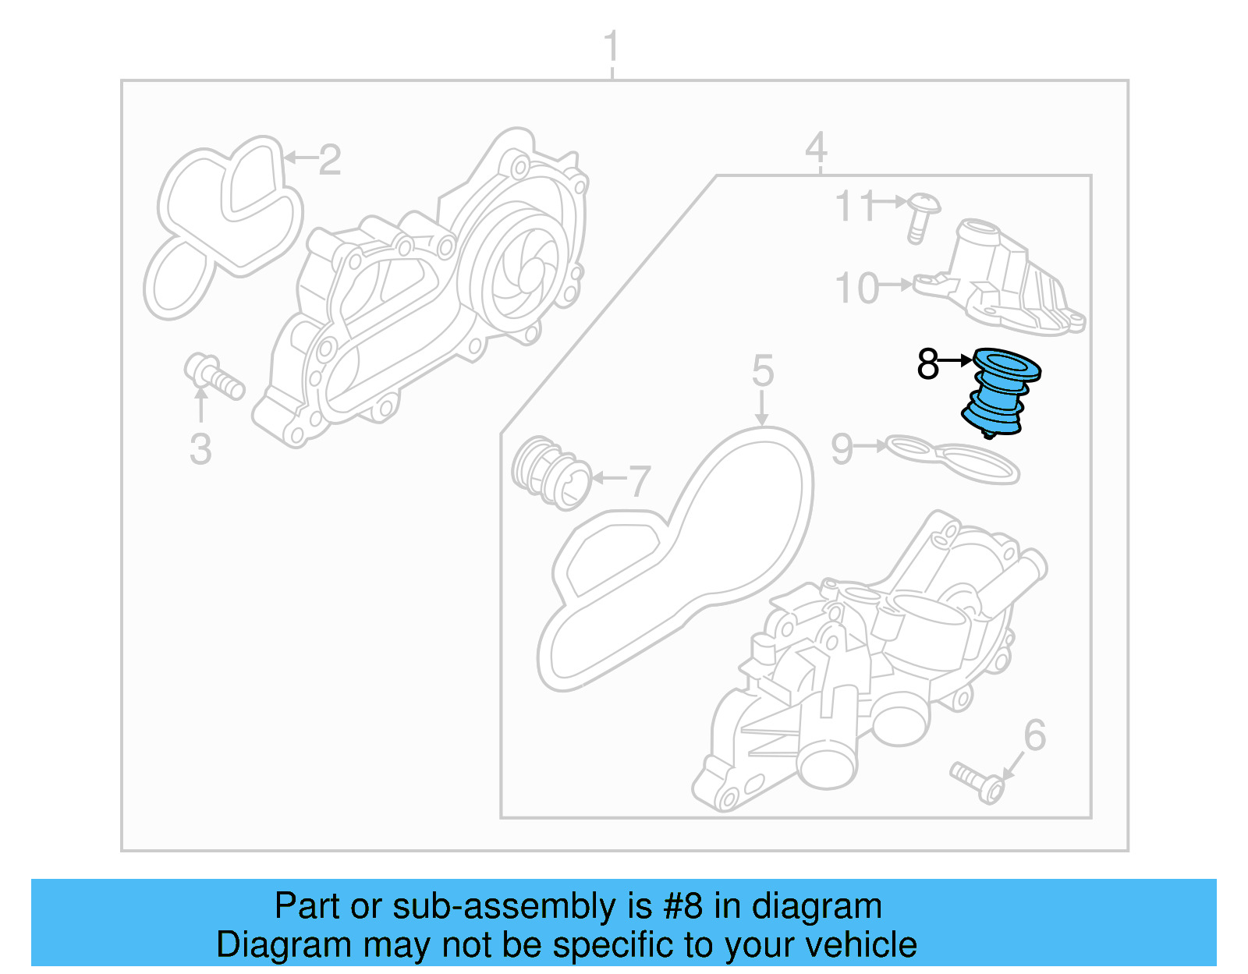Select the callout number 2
[329, 160]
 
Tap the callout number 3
[200, 449]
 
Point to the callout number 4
[816, 147]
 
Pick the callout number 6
[1034, 735]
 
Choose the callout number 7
[640, 481]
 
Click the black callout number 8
[927, 363]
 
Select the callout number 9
[842, 449]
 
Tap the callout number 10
[856, 289]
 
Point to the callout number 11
[855, 207]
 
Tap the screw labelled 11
[923, 214]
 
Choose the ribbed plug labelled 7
[549, 472]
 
